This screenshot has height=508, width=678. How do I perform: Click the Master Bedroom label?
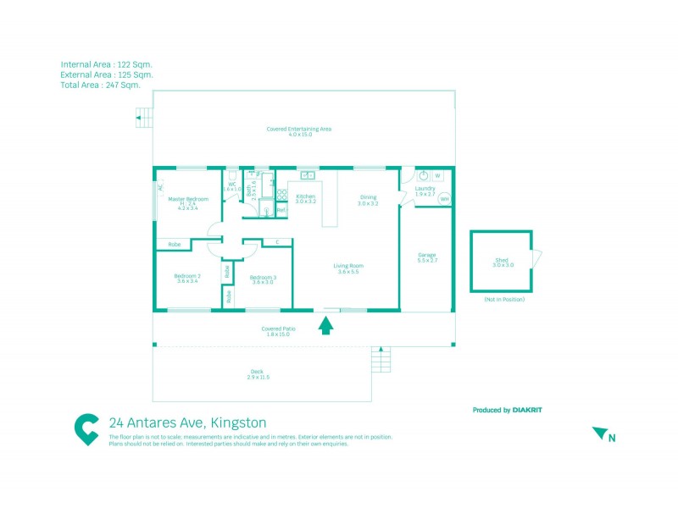click(x=188, y=199)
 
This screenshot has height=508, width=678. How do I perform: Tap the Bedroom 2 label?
click(x=187, y=276)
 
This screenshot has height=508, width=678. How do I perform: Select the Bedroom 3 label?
click(x=262, y=277)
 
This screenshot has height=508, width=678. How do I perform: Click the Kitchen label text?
click(x=305, y=196)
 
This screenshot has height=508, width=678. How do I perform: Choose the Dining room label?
click(x=367, y=196)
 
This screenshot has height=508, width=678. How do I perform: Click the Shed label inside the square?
click(x=503, y=261)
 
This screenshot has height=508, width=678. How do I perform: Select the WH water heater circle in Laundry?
click(x=445, y=200)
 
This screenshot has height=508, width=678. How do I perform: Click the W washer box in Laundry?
click(x=438, y=176)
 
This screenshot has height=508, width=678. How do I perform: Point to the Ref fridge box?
click(x=281, y=210)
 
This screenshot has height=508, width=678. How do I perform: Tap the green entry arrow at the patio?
click(x=325, y=325)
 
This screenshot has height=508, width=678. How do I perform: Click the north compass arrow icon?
click(x=601, y=433)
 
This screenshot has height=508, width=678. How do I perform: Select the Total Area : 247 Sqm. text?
click(x=100, y=85)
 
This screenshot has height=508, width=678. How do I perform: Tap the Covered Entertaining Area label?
click(x=298, y=130)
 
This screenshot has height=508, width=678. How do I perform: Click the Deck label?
click(x=257, y=371)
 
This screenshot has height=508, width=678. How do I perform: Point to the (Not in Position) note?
click(x=504, y=300)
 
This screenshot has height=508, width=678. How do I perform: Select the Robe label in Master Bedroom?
click(x=175, y=245)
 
